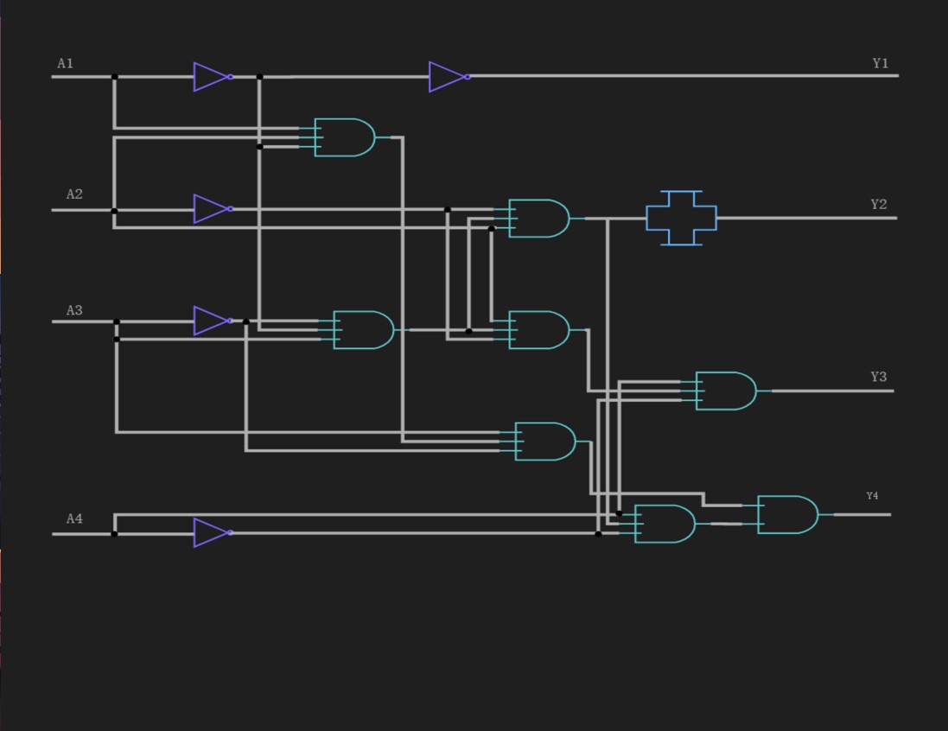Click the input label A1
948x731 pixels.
[66, 63]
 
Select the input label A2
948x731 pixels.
[74, 194]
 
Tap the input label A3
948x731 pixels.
[74, 310]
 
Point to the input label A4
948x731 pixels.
[74, 518]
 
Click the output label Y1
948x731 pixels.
[880, 63]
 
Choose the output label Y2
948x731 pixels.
[878, 205]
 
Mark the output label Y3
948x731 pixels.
[878, 377]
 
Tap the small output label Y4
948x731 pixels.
[872, 496]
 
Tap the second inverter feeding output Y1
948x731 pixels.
[448, 77]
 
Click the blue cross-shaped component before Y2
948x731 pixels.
[681, 218]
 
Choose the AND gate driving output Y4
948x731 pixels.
[787, 515]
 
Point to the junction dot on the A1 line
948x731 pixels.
[114, 77]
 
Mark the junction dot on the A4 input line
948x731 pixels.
[114, 534]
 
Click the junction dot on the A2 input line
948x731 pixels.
[114, 211]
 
